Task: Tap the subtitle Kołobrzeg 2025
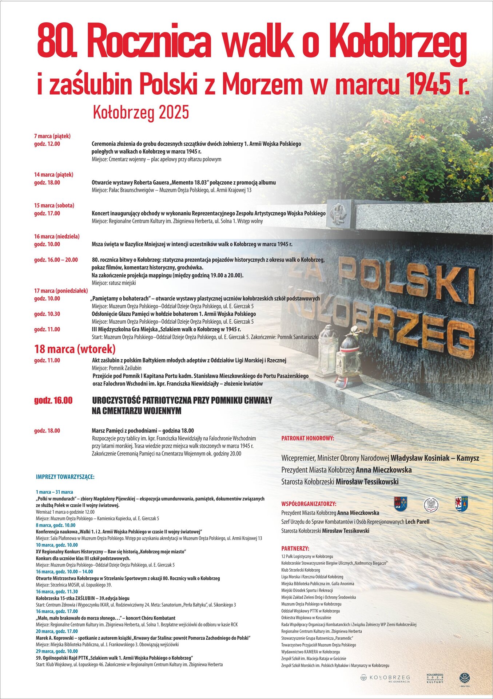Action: point(141,112)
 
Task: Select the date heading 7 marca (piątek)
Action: point(52,136)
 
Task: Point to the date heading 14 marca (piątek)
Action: point(54,175)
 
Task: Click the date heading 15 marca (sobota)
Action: point(54,206)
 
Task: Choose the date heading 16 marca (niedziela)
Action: point(57,237)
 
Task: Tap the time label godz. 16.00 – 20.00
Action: point(56,260)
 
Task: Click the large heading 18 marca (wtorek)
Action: point(75,349)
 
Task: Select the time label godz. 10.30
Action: point(47,314)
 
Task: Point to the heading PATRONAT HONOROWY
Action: point(308,439)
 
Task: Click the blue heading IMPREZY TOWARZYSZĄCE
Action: point(65,477)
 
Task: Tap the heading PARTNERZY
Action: point(295,548)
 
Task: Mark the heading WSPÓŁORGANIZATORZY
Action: point(309,504)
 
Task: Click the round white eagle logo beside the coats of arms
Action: point(431,504)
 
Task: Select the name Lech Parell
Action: point(417,522)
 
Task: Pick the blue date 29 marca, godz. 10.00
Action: point(57,651)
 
